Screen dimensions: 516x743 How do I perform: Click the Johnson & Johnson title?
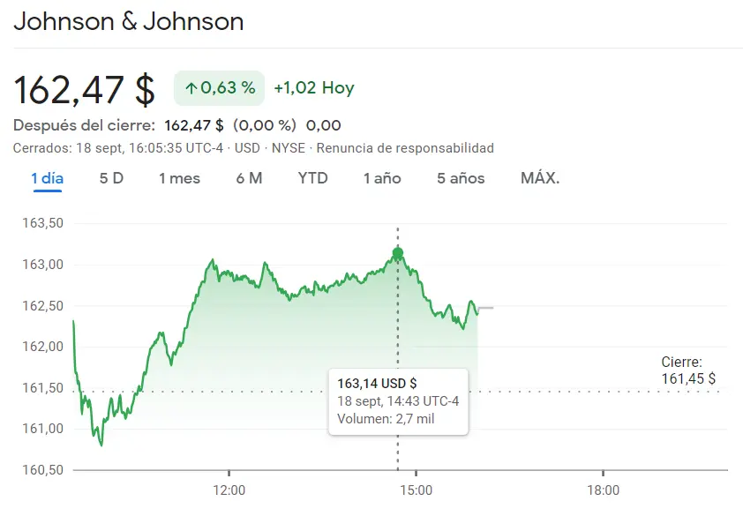(x=129, y=21)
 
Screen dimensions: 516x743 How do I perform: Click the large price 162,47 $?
(x=85, y=89)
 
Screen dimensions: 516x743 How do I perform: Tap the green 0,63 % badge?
(x=220, y=88)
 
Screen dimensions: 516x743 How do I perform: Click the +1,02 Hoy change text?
(x=314, y=88)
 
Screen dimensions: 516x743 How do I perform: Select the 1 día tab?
(x=48, y=178)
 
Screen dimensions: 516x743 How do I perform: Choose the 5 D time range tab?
(x=111, y=178)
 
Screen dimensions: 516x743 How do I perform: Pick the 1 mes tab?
(x=179, y=178)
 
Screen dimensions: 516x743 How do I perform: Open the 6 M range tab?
(x=249, y=178)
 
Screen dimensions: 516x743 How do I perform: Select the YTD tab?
(x=312, y=178)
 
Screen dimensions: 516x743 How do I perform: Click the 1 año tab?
(x=382, y=178)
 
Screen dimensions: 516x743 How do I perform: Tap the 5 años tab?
(x=461, y=178)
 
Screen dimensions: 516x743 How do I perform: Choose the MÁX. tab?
(x=540, y=178)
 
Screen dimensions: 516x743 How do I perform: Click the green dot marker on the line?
(x=398, y=254)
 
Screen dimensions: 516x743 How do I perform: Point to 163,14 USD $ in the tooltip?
(x=378, y=383)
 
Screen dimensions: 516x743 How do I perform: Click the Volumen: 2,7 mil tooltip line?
(x=386, y=419)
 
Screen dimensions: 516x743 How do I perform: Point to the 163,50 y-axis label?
(x=42, y=224)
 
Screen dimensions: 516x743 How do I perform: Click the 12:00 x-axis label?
(x=229, y=490)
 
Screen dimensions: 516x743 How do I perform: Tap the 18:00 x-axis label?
(x=603, y=490)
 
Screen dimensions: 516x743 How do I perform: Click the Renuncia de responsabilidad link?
(x=405, y=148)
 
